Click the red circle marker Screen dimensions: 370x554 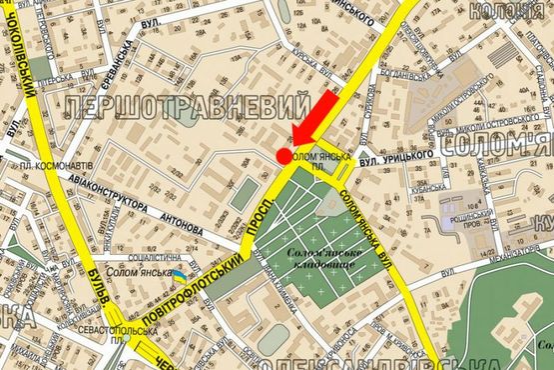[284, 155]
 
